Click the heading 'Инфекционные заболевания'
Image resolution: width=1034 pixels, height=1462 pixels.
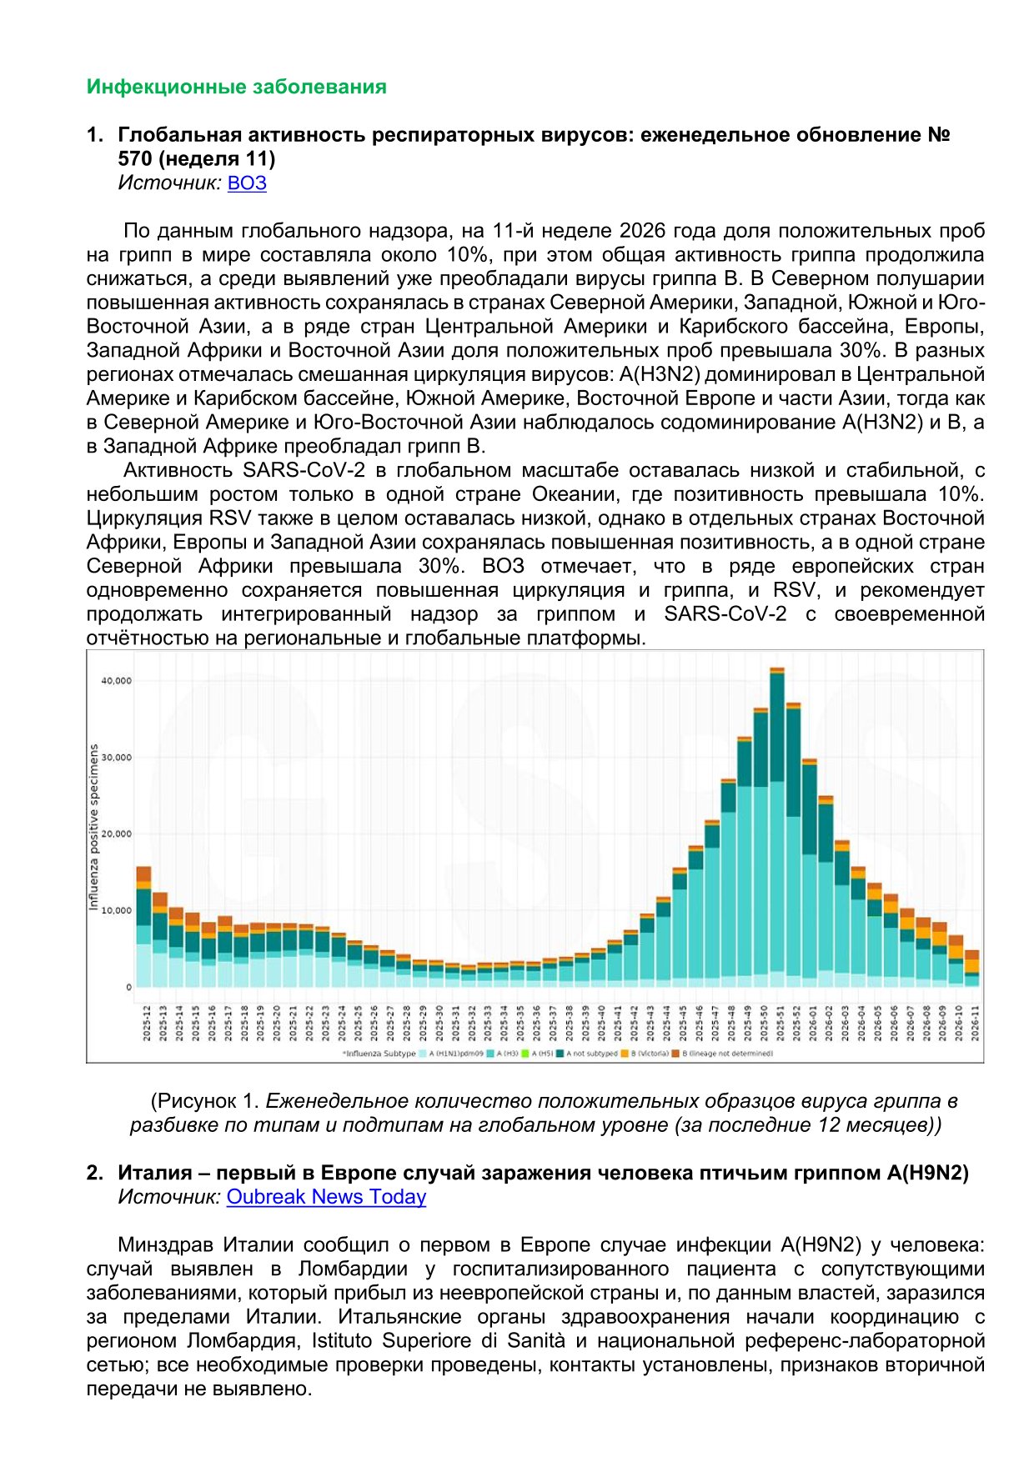pyautogui.click(x=236, y=87)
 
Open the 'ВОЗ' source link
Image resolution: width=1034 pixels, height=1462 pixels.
pyautogui.click(x=247, y=183)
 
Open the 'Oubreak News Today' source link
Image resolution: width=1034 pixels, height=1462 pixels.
pyautogui.click(x=326, y=1197)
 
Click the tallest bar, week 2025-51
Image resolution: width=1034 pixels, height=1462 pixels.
pyautogui.click(x=777, y=834)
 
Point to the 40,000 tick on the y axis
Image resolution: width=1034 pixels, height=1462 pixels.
pyautogui.click(x=117, y=681)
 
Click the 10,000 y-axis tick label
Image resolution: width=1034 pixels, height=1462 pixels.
pyautogui.click(x=117, y=910)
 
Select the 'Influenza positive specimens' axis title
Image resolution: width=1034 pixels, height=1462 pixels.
pyautogui.click(x=94, y=827)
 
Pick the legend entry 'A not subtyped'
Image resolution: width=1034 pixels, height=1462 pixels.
pyautogui.click(x=590, y=1054)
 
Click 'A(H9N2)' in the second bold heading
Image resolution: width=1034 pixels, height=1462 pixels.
pyautogui.click(x=927, y=1173)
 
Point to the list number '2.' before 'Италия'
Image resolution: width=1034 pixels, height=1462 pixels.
pyautogui.click(x=95, y=1173)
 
